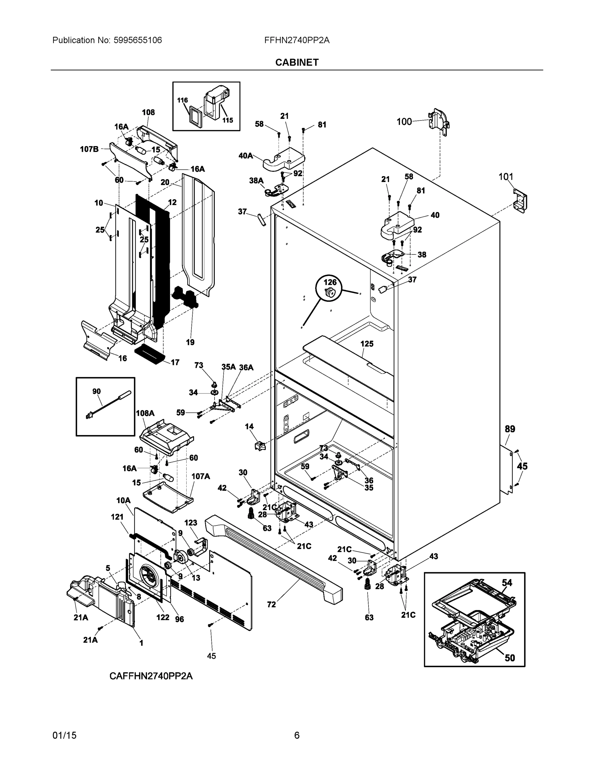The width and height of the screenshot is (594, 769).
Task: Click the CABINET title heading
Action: click(297, 62)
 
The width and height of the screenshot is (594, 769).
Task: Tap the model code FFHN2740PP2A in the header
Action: click(297, 40)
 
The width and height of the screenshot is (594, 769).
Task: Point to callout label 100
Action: click(404, 121)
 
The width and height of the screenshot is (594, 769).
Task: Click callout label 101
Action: click(506, 177)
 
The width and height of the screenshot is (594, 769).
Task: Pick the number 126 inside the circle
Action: click(330, 282)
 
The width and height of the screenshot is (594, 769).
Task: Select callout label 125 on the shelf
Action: click(367, 344)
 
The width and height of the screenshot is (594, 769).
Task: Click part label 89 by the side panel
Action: click(509, 429)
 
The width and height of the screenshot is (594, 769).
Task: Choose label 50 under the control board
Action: click(509, 658)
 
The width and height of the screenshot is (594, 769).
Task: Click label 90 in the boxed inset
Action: click(96, 391)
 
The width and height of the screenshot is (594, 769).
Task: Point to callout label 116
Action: click(182, 100)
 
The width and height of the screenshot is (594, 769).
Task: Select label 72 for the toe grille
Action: click(271, 605)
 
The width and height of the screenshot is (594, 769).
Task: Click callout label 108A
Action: click(145, 413)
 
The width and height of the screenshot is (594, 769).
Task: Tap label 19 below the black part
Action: click(190, 342)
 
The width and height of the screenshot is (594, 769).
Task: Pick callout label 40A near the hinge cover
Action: click(246, 155)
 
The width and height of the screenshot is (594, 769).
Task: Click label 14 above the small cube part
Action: click(249, 426)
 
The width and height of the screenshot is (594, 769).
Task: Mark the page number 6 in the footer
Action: click(297, 735)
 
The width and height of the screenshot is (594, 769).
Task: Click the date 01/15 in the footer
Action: click(64, 735)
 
